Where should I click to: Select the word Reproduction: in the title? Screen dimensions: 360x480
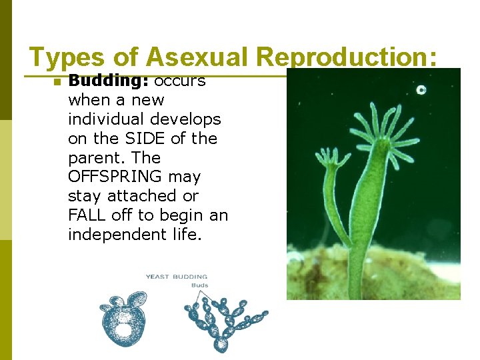click(347, 57)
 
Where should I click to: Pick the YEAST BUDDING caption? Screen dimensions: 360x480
click(177, 276)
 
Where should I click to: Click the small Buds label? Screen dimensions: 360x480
click(199, 285)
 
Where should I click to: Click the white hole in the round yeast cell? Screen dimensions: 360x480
click(123, 328)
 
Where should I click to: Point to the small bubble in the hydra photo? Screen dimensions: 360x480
click(421, 89)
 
